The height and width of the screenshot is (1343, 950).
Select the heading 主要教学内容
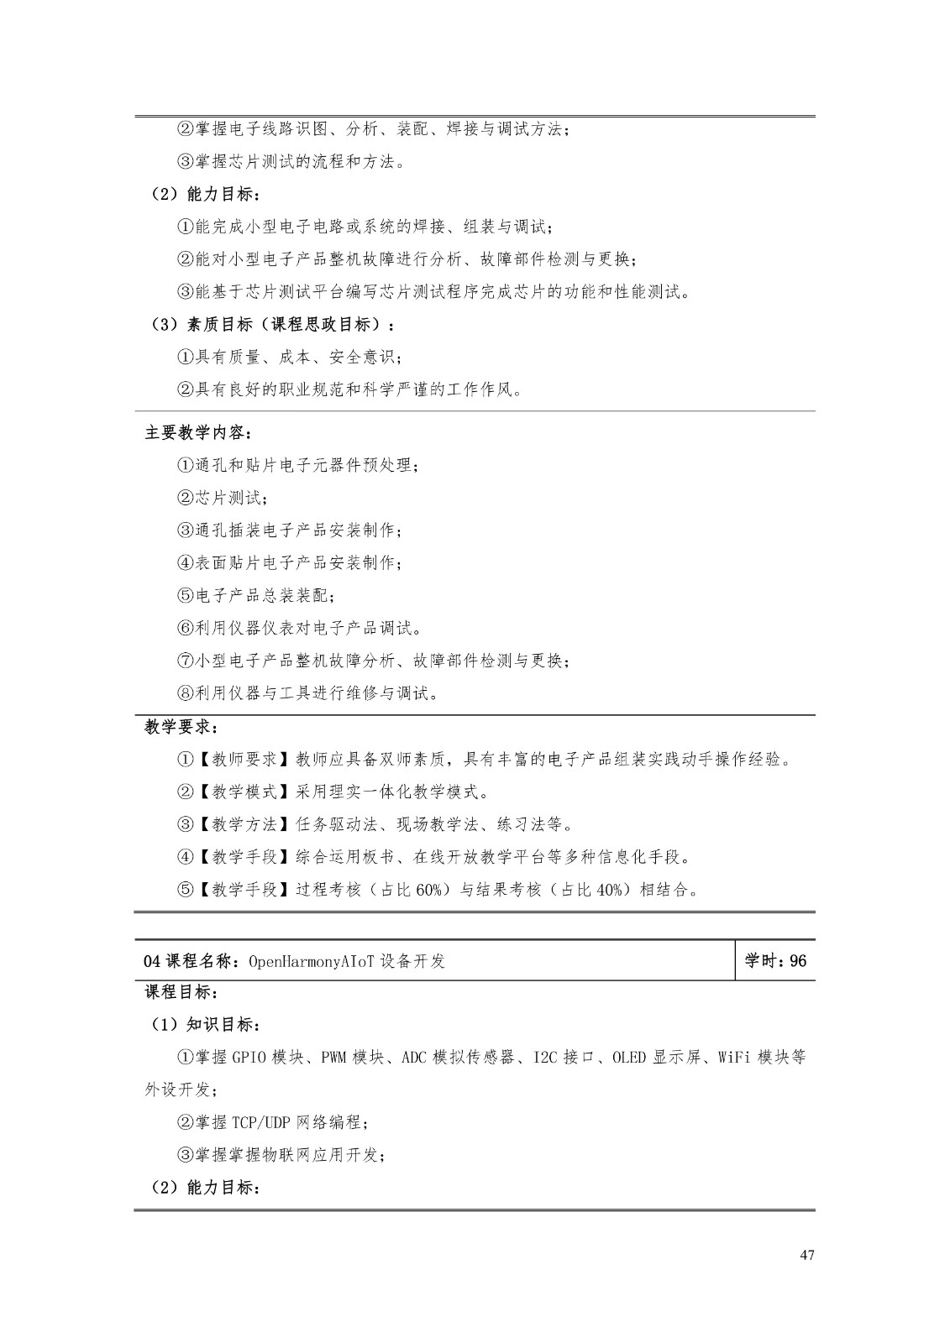[197, 432]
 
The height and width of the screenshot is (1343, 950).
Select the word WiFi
[734, 1057]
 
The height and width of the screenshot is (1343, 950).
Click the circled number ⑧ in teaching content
[186, 693]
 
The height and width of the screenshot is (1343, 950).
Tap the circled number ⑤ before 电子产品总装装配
[186, 596]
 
